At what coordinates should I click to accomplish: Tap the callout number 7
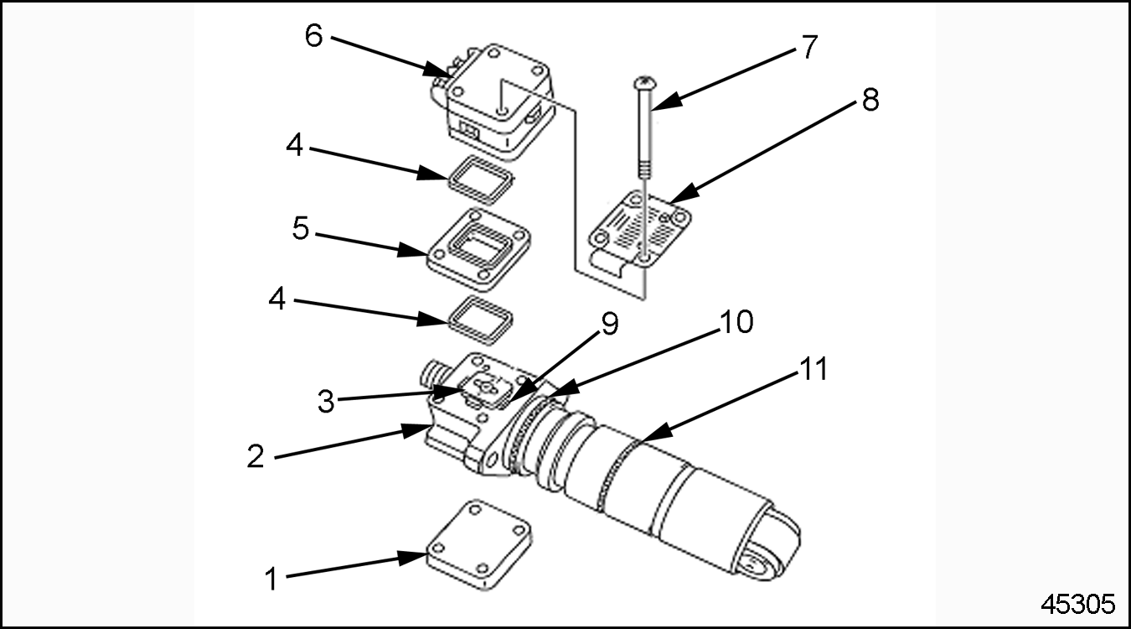tap(808, 48)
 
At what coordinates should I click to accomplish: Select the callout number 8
tap(870, 101)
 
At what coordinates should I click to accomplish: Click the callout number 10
tap(736, 323)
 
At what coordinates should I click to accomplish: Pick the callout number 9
tap(610, 325)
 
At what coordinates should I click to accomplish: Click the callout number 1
tap(271, 578)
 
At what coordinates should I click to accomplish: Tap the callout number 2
tap(256, 456)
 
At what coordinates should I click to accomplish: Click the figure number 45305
tap(1077, 604)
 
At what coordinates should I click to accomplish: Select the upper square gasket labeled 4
tap(478, 181)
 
